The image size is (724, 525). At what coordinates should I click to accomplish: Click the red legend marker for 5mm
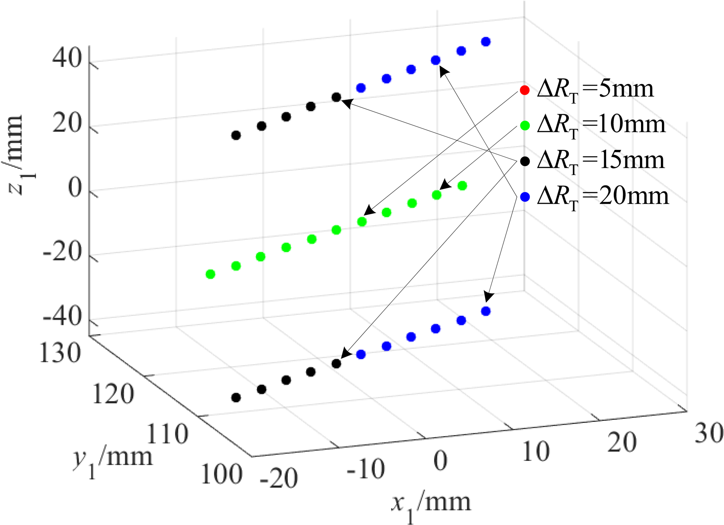click(524, 90)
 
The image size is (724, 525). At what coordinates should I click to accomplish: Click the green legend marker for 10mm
click(524, 125)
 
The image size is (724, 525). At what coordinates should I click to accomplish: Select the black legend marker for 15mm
click(524, 161)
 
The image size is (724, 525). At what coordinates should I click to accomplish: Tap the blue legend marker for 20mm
click(524, 197)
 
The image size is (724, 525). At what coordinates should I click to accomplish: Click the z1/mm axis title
click(16, 154)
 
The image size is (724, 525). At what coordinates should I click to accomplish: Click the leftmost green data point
click(210, 274)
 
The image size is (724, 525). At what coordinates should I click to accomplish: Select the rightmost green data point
click(462, 186)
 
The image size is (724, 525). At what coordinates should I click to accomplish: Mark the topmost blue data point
click(486, 42)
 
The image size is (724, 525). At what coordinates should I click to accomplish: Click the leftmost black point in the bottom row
click(236, 398)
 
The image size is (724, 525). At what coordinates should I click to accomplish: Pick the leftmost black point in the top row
click(236, 135)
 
